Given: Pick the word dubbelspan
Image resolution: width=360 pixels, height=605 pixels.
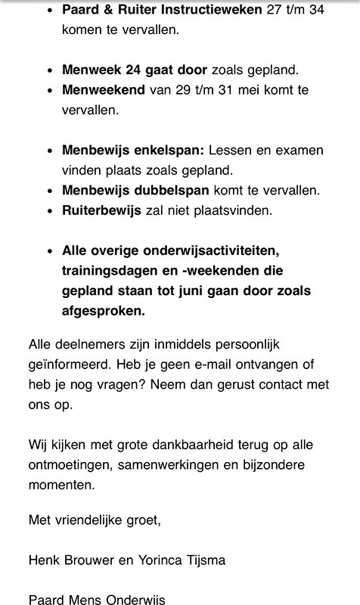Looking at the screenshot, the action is click(x=170, y=188).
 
